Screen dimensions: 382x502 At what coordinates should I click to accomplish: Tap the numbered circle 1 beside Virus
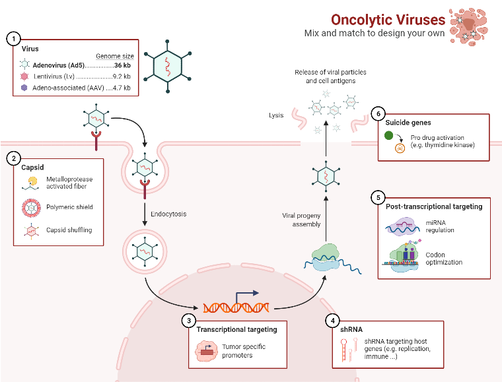13,38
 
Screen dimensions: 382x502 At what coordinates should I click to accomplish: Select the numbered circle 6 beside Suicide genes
377,113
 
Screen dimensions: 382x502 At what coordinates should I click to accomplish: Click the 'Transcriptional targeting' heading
236,329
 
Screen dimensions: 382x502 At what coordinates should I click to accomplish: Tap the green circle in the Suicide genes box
390,136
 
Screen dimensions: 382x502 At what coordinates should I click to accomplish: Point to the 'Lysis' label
275,115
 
